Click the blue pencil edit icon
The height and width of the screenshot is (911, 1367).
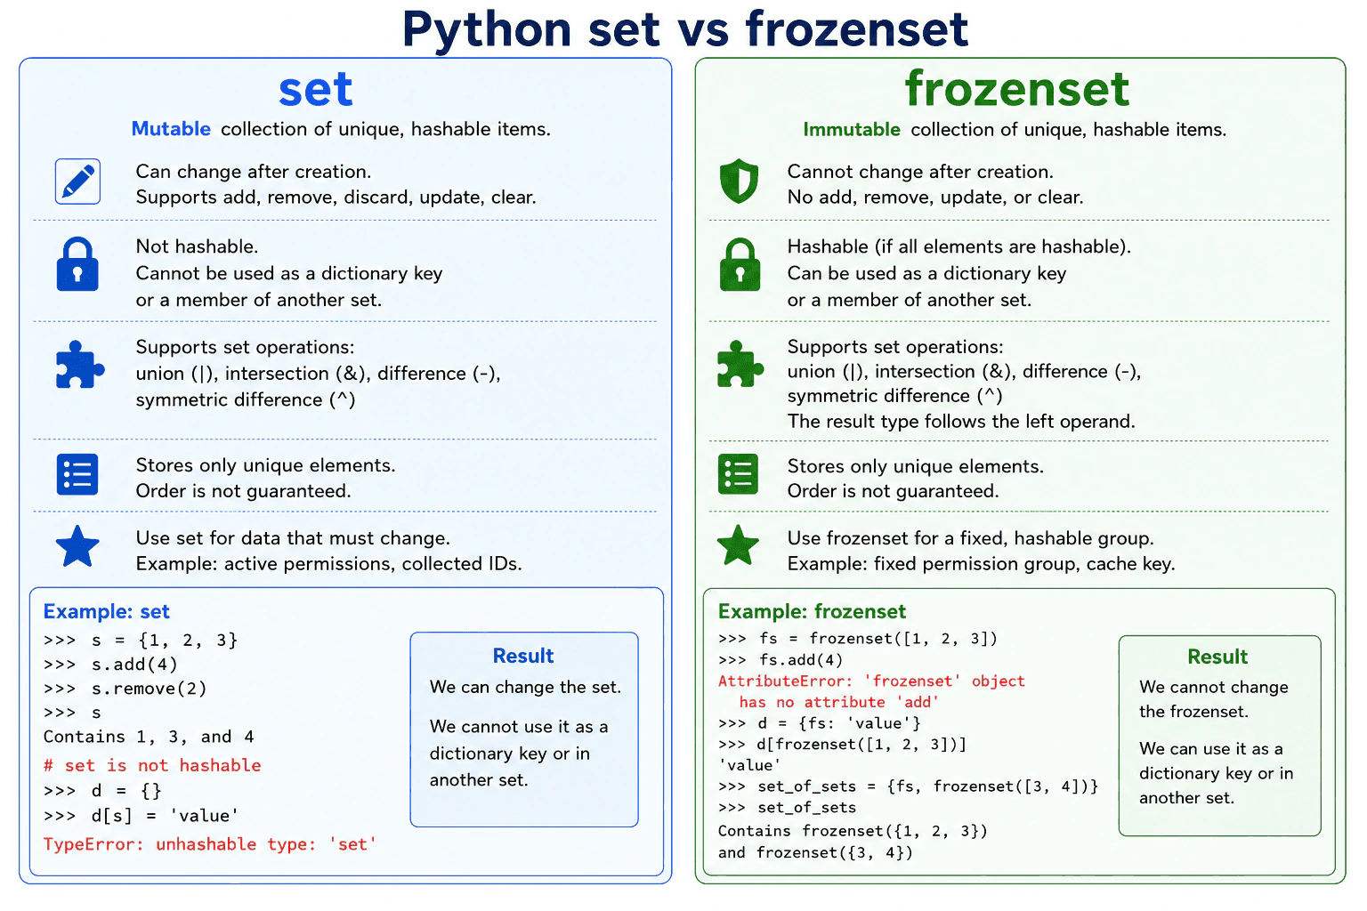point(77,181)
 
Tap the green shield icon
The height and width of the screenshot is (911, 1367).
point(739,181)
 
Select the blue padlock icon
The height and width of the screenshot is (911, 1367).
point(77,263)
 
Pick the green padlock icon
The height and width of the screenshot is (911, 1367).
point(740,263)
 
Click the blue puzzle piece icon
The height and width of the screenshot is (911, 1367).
point(79,364)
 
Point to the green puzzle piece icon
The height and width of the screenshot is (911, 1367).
point(740,364)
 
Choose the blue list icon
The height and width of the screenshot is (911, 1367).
point(77,474)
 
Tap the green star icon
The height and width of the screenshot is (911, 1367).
point(738,544)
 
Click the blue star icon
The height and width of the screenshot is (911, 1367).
point(77,546)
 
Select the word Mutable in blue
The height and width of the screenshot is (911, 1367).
point(171,129)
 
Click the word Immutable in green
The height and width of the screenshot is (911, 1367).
point(852,129)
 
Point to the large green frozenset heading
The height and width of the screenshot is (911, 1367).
point(1016,88)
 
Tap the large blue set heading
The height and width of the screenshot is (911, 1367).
point(316,89)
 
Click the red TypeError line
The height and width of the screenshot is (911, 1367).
point(209,844)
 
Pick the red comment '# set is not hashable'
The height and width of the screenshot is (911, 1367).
point(152,765)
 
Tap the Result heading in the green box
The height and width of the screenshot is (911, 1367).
point(1217,657)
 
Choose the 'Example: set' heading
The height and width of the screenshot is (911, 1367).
point(106,611)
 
